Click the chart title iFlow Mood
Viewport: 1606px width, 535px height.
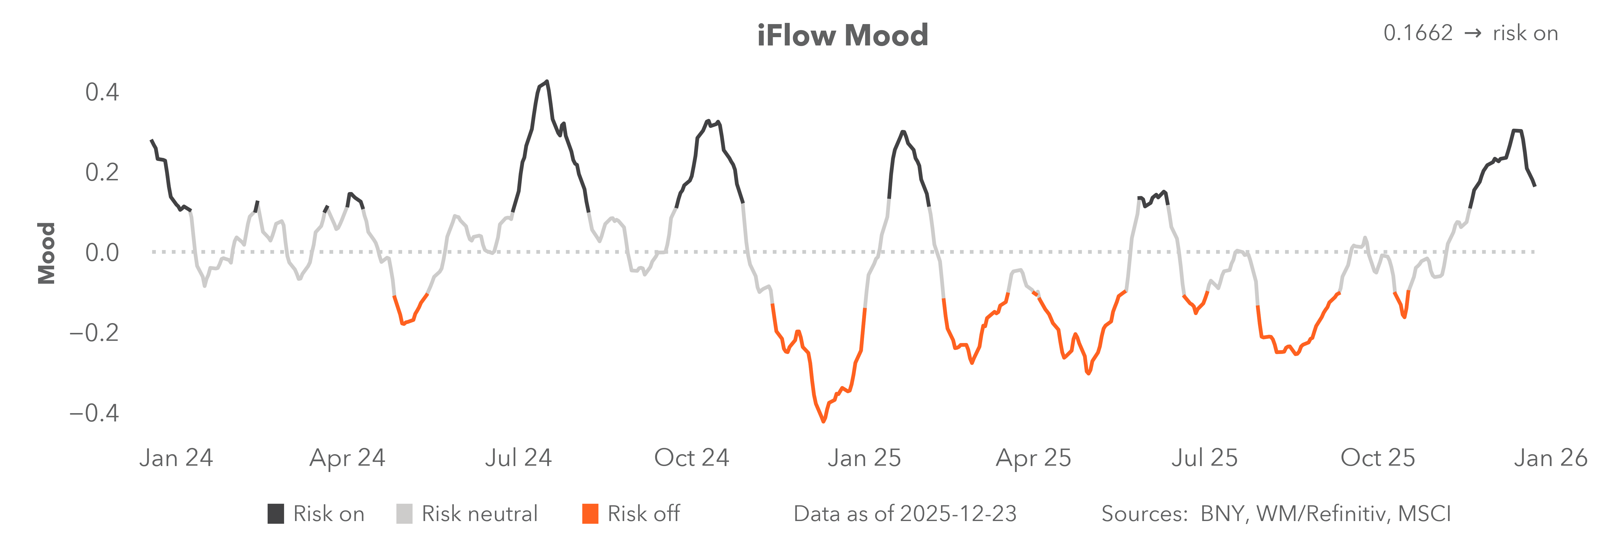pyautogui.click(x=842, y=35)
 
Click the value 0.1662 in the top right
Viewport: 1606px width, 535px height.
pyautogui.click(x=1418, y=33)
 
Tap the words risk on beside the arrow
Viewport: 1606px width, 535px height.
pyautogui.click(x=1525, y=33)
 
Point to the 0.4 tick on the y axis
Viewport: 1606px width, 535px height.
pyautogui.click(x=102, y=92)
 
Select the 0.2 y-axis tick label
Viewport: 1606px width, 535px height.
pyautogui.click(x=102, y=172)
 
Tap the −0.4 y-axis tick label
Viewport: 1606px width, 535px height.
pyautogui.click(x=93, y=413)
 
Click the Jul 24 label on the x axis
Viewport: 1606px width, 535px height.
pyautogui.click(x=518, y=458)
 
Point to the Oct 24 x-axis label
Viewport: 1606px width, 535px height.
pyautogui.click(x=691, y=458)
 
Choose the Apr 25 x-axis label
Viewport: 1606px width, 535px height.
pyautogui.click(x=1033, y=458)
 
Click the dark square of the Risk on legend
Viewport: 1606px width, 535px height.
pyautogui.click(x=276, y=514)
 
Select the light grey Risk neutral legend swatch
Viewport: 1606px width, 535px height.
pyautogui.click(x=404, y=514)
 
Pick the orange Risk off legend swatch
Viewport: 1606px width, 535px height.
pyautogui.click(x=590, y=514)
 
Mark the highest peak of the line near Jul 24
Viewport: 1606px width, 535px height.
pyautogui.click(x=547, y=82)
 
